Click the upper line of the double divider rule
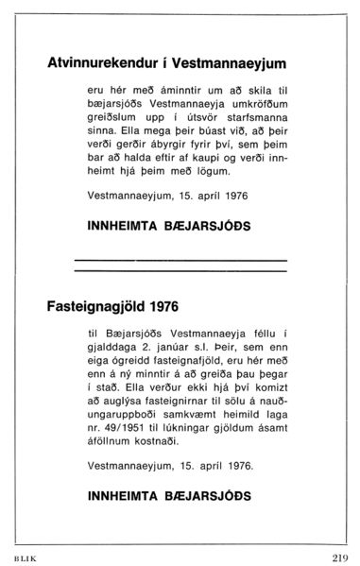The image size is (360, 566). coord(180,260)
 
